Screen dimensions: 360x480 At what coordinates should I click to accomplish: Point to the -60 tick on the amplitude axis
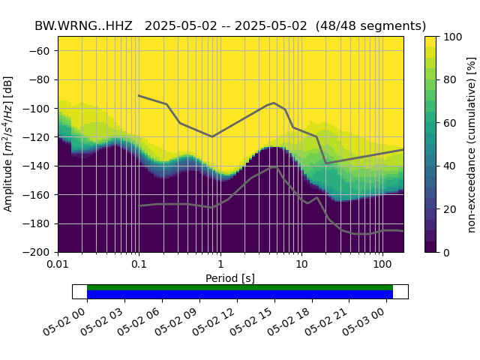(x=42, y=51)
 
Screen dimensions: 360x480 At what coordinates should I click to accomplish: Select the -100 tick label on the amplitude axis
(x=40, y=109)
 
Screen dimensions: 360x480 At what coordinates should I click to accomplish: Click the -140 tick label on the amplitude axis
(x=40, y=166)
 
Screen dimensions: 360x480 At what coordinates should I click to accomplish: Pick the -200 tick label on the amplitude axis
(x=40, y=253)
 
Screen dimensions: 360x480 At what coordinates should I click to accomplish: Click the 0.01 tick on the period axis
(x=58, y=265)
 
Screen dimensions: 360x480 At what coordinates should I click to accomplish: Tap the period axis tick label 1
(x=220, y=265)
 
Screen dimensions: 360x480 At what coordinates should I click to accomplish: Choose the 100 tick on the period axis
(x=382, y=265)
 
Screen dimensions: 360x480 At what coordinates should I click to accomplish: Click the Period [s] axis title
(x=230, y=278)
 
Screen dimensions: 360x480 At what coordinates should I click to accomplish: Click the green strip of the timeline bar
(x=240, y=287)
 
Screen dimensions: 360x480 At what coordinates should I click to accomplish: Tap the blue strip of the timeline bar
(x=240, y=295)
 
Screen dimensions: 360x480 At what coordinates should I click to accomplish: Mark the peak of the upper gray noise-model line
(x=274, y=103)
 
